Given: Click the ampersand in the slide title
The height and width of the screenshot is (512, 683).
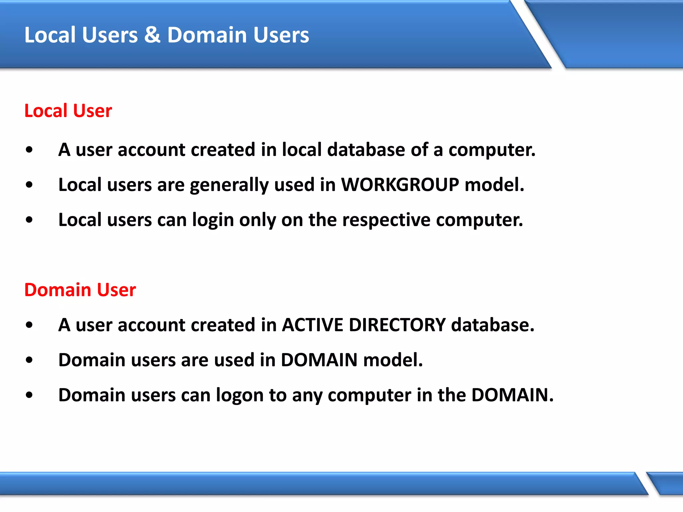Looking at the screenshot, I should [152, 35].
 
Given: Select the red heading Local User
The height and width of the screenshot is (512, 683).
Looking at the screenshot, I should [68, 111].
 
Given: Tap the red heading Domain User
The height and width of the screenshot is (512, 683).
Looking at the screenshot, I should [80, 290].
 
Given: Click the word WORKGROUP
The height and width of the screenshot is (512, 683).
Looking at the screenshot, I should [400, 184].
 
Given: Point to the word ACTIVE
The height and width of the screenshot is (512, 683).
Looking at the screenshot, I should [312, 325].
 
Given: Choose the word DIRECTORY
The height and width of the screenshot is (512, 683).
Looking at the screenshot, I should [397, 325].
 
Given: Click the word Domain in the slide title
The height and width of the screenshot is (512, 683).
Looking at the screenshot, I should [207, 35].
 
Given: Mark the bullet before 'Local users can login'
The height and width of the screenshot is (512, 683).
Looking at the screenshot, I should [29, 220].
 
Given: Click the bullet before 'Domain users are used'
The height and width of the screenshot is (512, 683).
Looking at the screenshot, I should [29, 360].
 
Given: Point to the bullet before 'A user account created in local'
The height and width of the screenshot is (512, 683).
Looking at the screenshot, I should [29, 150].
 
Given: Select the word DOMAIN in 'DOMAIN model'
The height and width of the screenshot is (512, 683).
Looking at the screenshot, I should [319, 360].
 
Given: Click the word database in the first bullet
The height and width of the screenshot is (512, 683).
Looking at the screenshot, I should [366, 149].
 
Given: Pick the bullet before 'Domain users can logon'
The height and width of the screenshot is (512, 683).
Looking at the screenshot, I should [29, 395].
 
